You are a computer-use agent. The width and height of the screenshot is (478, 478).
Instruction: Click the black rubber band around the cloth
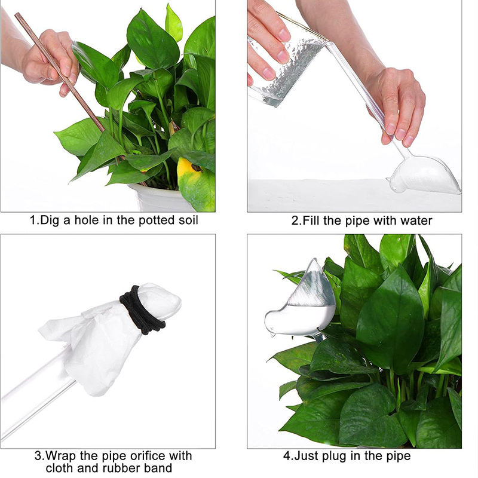coord(142,311)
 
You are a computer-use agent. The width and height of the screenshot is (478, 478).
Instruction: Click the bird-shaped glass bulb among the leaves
coord(301,302)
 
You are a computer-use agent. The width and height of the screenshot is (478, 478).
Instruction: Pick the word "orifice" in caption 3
coord(147,456)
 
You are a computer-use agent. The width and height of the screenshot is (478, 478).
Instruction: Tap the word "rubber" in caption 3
coord(114,468)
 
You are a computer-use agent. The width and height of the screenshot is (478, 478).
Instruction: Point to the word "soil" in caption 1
coord(188,220)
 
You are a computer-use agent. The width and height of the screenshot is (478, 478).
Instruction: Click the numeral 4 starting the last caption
coord(287,456)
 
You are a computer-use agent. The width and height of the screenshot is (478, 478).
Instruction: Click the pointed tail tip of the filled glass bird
coord(315,259)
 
